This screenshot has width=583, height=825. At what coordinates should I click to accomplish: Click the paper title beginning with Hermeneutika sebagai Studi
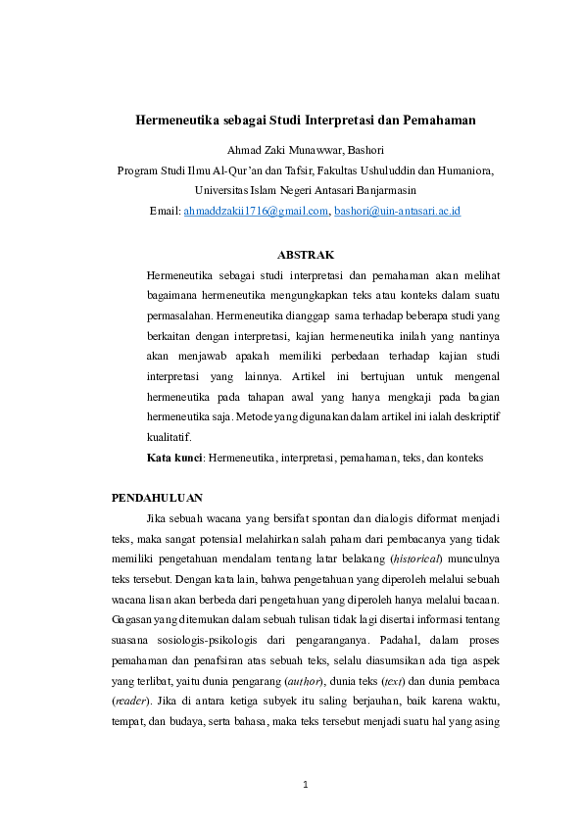305,121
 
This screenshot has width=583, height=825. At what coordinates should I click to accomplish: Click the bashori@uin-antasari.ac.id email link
397,211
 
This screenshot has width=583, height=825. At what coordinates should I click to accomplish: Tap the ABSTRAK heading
305,254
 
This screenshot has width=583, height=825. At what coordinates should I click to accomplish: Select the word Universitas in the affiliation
225,190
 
